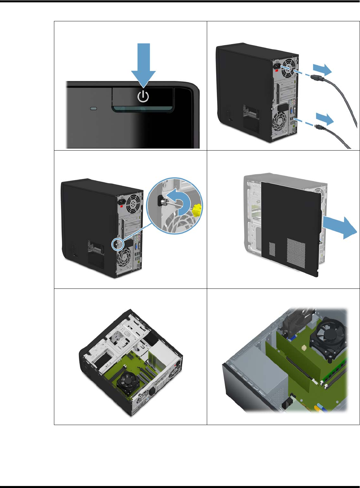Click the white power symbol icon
[x=143, y=96]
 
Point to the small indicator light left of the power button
[x=94, y=109]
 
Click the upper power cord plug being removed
[x=317, y=79]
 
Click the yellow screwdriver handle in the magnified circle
[x=197, y=210]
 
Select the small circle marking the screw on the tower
[x=116, y=244]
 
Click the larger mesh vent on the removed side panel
[x=296, y=252]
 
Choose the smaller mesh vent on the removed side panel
[x=272, y=249]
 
